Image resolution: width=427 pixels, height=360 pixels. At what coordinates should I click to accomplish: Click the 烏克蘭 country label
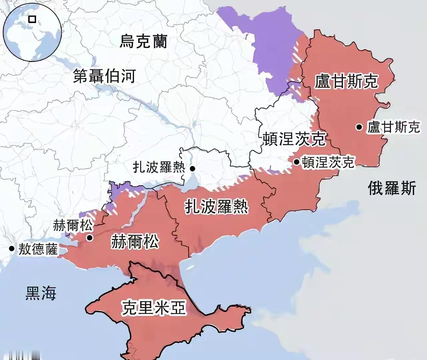[143, 41]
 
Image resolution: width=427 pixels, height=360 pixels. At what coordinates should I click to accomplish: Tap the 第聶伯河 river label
[104, 76]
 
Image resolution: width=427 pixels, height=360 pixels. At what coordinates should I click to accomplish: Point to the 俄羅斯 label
[392, 188]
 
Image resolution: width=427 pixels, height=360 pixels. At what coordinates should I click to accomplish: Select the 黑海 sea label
[41, 293]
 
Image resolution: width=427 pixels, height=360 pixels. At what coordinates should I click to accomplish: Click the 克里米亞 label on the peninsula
[153, 307]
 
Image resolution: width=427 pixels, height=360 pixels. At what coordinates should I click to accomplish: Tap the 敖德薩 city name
[38, 249]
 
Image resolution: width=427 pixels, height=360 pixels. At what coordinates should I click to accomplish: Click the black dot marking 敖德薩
[12, 248]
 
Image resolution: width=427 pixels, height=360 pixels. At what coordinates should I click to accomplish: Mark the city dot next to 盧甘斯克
[359, 127]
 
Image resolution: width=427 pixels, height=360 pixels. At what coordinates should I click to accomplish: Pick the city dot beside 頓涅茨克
[297, 162]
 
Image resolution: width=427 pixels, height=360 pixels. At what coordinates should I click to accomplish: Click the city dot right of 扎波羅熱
[192, 169]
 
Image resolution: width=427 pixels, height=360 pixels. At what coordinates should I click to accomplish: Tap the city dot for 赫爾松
[89, 238]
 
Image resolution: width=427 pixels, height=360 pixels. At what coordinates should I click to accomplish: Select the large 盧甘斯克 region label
[346, 81]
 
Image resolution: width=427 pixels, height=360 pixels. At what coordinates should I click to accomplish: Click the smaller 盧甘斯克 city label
[394, 127]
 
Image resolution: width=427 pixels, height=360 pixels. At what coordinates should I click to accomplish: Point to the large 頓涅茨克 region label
[294, 139]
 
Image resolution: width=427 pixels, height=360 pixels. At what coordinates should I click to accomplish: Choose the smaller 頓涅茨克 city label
[328, 162]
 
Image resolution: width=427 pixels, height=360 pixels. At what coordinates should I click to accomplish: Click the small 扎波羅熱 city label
[159, 167]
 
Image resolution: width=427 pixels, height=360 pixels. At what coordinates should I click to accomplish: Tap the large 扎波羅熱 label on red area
[217, 207]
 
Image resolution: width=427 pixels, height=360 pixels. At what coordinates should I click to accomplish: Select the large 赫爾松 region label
[135, 242]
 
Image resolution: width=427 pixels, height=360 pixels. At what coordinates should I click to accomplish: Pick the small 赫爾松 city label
[73, 226]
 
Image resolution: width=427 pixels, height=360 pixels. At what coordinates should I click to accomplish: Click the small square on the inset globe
[32, 19]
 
